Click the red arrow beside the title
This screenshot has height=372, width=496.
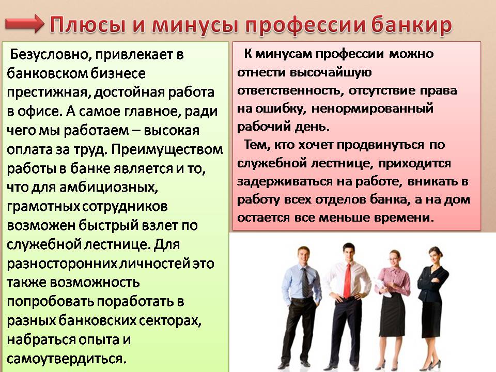pos(24,24)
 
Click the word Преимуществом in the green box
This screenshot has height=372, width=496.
pos(167,149)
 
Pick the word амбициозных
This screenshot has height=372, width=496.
pos(108,187)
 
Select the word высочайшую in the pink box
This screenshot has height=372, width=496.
pos(331,73)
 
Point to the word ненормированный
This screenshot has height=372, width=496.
pos(373,109)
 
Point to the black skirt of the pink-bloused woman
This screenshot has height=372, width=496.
pos(393,316)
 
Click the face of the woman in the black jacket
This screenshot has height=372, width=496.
pos(435,254)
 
